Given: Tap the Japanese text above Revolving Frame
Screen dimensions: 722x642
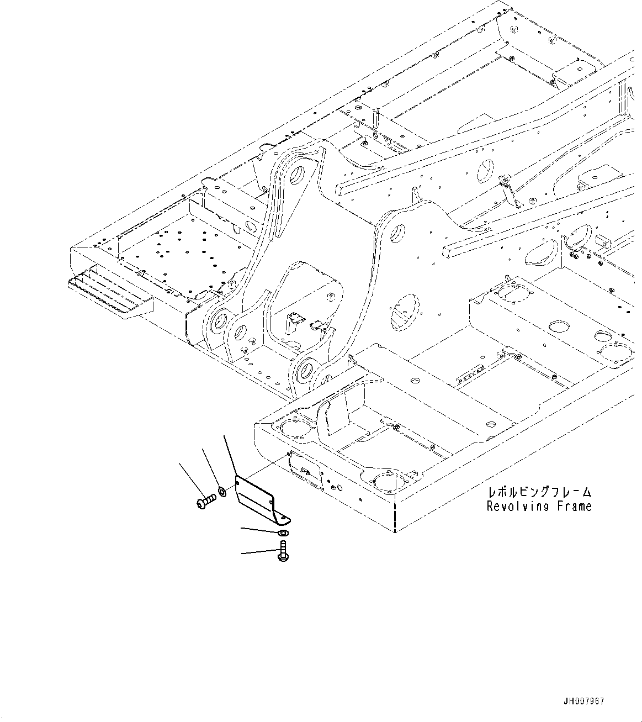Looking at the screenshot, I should point(539,492).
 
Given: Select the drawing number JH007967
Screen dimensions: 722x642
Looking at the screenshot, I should point(584,701).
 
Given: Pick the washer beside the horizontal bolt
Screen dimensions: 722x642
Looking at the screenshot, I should point(221,491).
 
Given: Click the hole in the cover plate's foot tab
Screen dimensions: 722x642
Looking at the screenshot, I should point(284,518).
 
